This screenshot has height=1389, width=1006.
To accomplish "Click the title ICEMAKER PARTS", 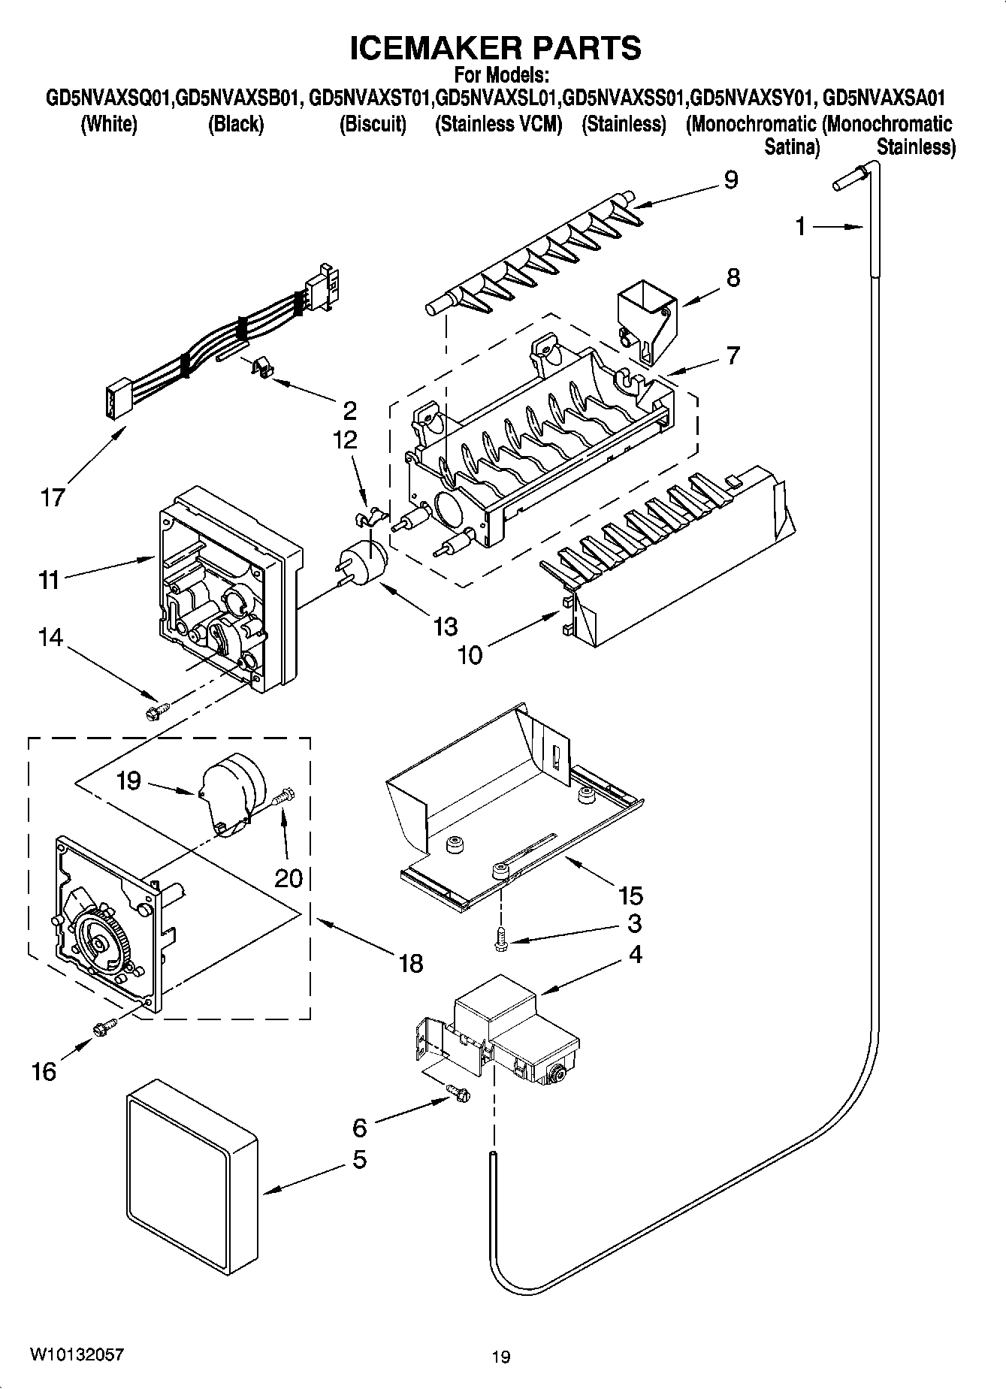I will [x=496, y=47].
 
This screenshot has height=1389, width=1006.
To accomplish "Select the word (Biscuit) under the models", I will [x=373, y=124].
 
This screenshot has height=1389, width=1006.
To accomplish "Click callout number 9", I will [x=730, y=180].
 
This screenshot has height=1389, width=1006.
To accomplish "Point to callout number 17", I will [x=53, y=497].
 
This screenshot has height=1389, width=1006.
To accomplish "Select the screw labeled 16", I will [x=104, y=1026].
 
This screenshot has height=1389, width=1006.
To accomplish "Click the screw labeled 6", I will [x=458, y=1093].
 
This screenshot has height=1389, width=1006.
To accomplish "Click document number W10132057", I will [x=77, y=1354].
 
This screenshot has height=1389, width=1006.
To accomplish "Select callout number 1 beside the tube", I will [x=802, y=225].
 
